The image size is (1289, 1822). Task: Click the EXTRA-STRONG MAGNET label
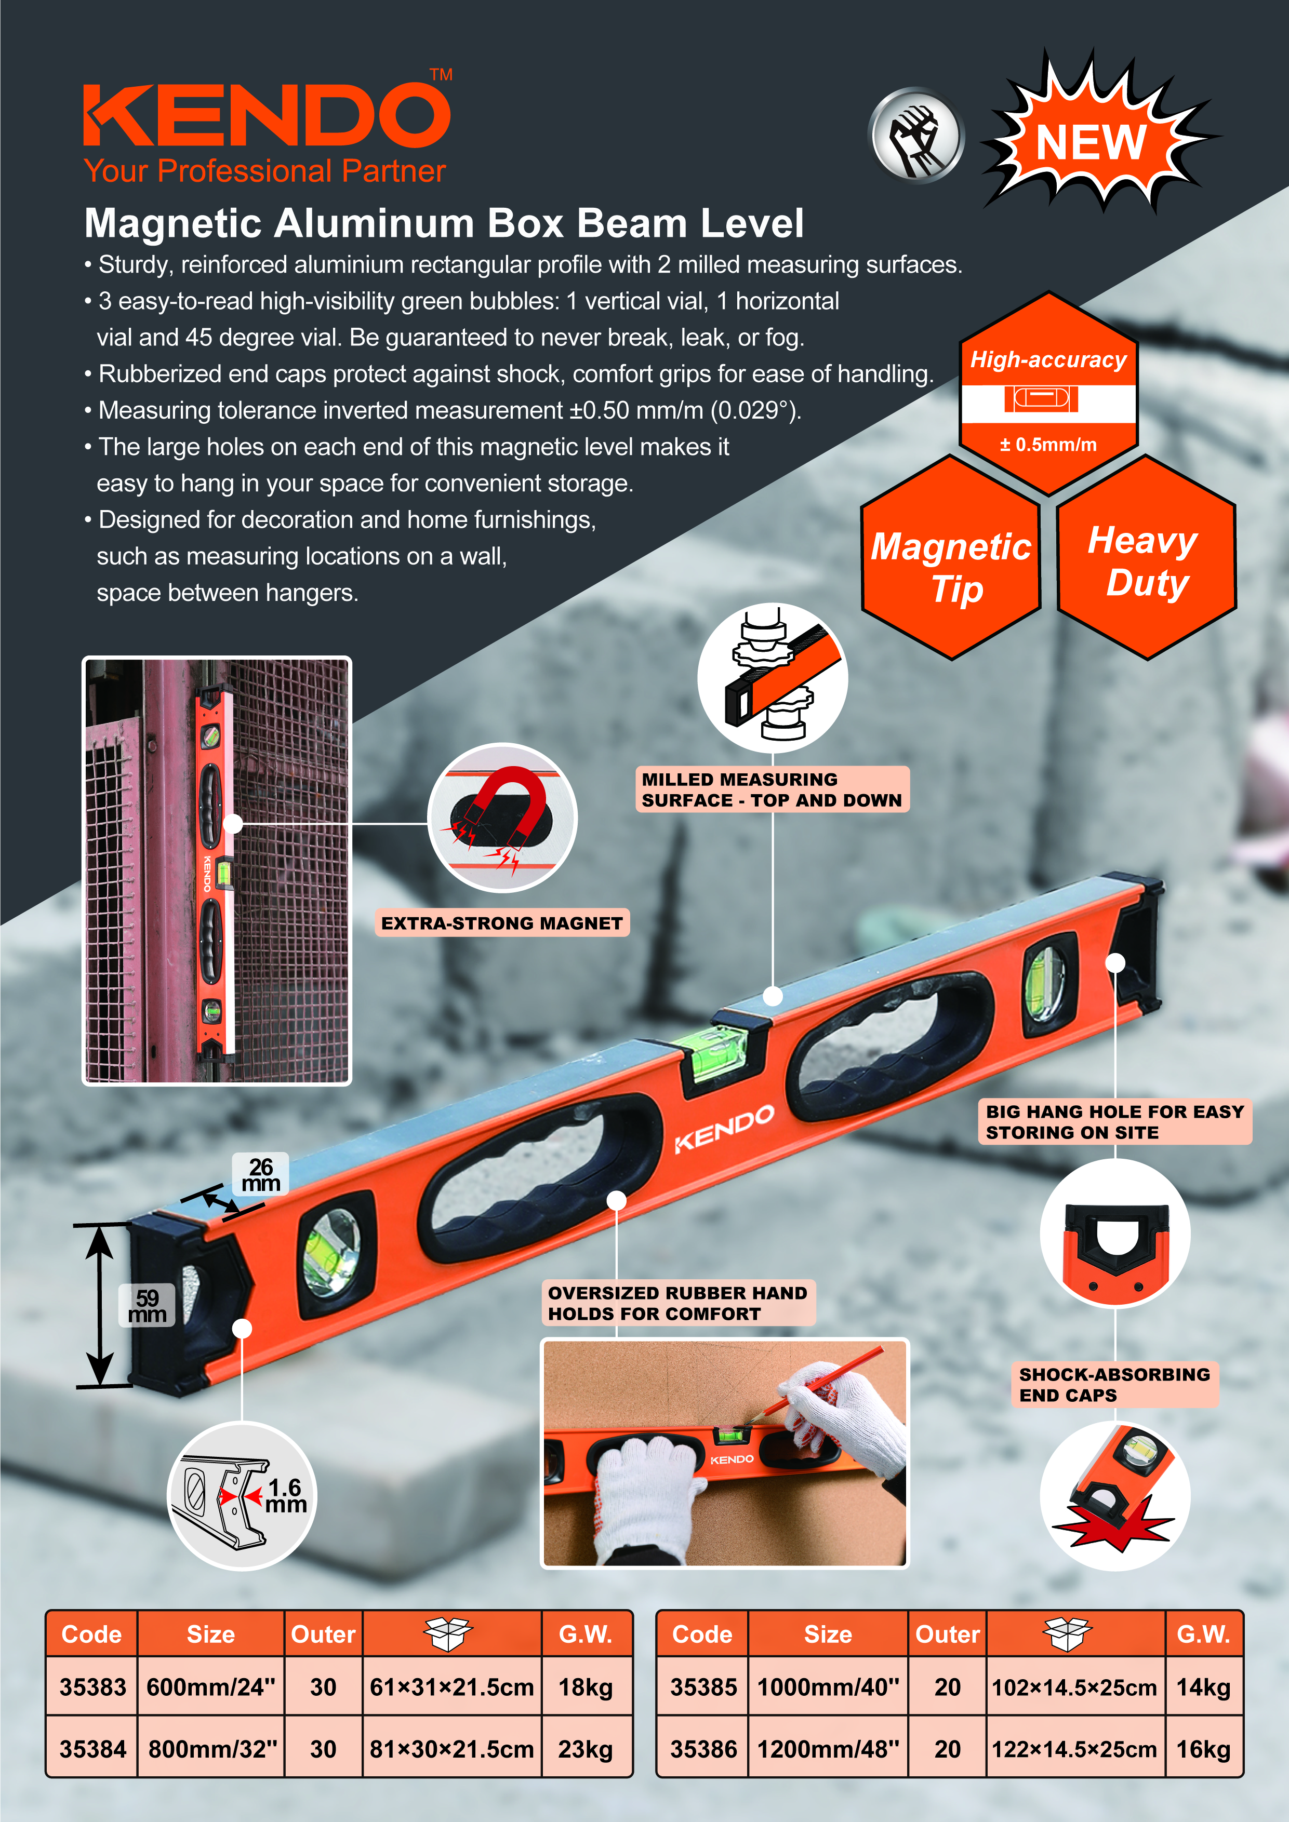point(502,923)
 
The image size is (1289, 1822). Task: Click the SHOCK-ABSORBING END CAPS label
point(1113,1385)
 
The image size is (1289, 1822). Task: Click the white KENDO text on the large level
point(724,1128)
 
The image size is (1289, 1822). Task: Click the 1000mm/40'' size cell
point(828,1686)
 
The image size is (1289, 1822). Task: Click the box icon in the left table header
point(449,1634)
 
